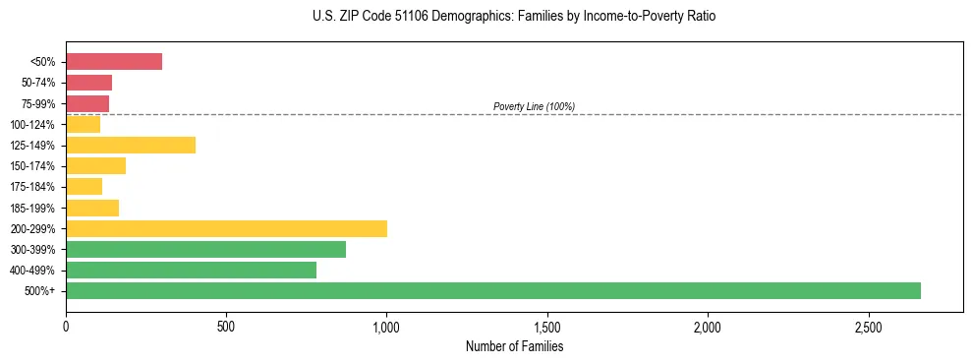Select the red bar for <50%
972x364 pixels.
tap(114, 62)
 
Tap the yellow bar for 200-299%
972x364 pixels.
tap(226, 228)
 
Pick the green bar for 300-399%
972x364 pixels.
tap(205, 249)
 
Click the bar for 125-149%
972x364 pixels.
tap(131, 145)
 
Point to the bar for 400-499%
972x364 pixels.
tap(191, 270)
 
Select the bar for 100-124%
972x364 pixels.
tap(84, 124)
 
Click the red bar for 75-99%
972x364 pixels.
tap(87, 103)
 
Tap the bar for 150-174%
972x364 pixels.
tap(95, 165)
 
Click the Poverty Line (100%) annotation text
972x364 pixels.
tap(534, 106)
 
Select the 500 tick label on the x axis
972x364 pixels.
tap(226, 326)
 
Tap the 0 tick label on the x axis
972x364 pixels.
tap(66, 326)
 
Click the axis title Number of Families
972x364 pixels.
tap(513, 346)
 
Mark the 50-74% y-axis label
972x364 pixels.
tap(39, 83)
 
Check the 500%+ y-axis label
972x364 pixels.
tap(41, 291)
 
